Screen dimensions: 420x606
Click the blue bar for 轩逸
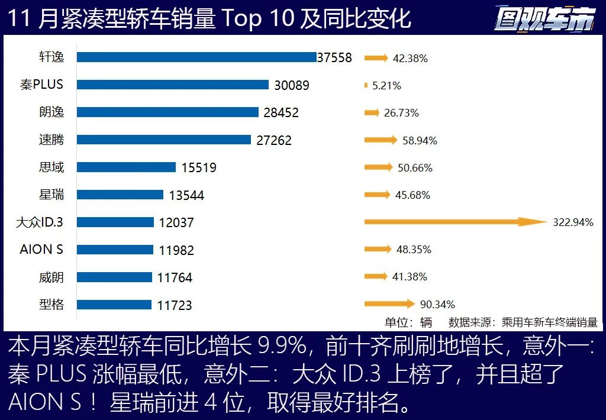point(196,57)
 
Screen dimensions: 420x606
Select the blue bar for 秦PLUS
point(173,85)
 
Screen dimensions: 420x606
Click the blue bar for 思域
point(126,167)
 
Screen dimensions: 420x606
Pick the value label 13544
point(186,195)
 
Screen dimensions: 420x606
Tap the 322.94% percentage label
point(573,222)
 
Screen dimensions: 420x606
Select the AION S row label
point(41,249)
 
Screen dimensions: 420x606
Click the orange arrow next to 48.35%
point(378,250)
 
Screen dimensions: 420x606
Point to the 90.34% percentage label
point(437,305)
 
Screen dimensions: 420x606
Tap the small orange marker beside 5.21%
point(366,86)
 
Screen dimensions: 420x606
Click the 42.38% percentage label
point(410,59)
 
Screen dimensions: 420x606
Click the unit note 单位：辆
point(408,322)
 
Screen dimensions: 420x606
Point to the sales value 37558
point(334,58)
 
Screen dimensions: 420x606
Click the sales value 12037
point(176,222)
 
